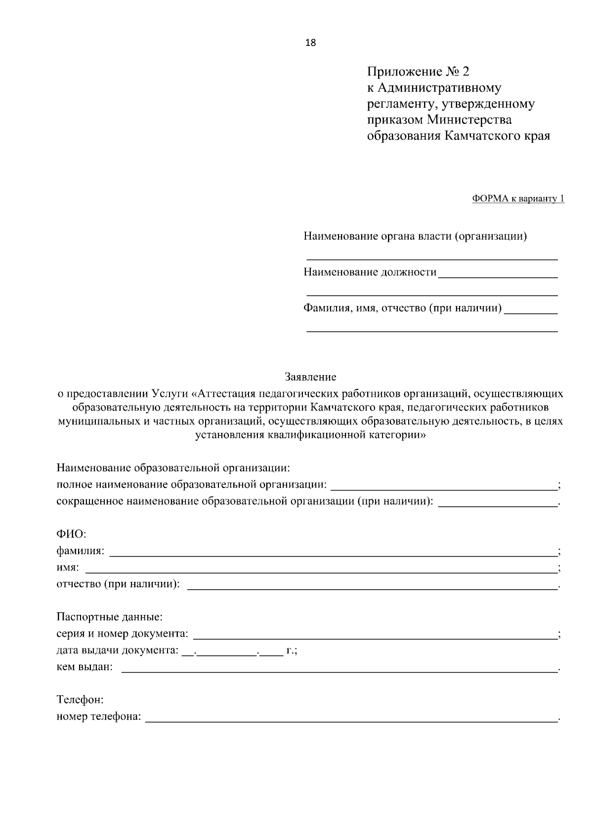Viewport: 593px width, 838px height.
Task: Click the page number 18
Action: pyautogui.click(x=311, y=42)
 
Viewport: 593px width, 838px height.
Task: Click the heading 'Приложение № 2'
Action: pyautogui.click(x=418, y=72)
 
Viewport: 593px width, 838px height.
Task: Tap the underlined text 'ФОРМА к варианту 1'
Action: pyautogui.click(x=518, y=199)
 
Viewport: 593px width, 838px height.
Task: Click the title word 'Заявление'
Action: pyautogui.click(x=310, y=377)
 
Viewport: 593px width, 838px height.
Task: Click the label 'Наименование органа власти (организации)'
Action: pyautogui.click(x=415, y=236)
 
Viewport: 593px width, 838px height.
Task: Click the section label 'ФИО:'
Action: pyautogui.click(x=72, y=534)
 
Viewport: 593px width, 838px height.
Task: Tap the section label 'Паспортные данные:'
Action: pyautogui.click(x=110, y=617)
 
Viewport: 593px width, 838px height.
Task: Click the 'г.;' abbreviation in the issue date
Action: pyautogui.click(x=292, y=651)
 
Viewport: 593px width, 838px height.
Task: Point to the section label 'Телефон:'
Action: pyautogui.click(x=80, y=700)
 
